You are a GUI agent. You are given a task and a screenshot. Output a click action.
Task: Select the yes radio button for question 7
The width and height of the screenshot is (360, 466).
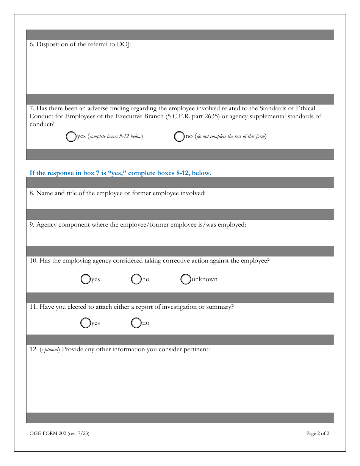pos(71,137)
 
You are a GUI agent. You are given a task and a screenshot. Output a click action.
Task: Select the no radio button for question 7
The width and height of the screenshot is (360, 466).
pos(179,137)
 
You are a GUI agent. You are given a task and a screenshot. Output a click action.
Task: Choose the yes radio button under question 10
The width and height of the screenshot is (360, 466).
pos(86,279)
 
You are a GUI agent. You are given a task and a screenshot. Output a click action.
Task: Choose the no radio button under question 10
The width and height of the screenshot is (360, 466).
pos(136,279)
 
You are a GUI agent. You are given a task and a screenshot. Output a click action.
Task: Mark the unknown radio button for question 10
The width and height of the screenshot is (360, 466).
pos(186,279)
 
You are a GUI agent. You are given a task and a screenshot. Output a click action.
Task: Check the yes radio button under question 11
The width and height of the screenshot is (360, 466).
pos(86,323)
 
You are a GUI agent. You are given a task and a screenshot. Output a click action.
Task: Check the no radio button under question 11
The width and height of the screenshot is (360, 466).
pos(136,323)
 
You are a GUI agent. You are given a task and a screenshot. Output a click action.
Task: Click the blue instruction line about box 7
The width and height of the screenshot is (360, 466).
pos(120,173)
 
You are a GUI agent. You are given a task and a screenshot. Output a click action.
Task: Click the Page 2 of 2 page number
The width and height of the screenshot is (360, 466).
pos(318,433)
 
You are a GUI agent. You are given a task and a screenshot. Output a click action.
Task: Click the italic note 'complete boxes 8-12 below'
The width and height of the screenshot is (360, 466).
pos(115,137)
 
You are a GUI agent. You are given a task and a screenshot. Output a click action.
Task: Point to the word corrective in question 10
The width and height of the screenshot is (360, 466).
pos(175,261)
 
